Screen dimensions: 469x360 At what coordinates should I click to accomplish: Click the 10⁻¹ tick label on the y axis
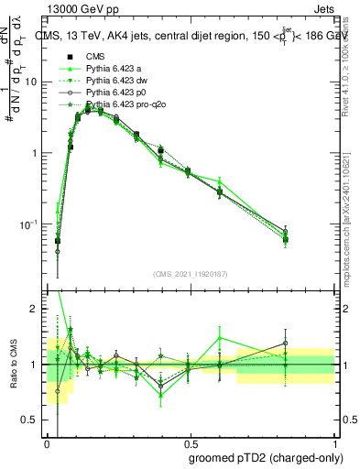click(30, 224)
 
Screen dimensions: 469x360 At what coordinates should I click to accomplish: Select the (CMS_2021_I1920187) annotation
click(190, 272)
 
